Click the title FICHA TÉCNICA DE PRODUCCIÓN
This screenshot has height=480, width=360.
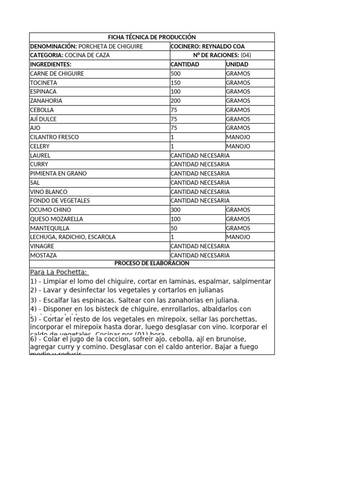[x=151, y=37]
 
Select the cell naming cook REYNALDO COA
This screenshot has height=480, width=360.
[x=208, y=46]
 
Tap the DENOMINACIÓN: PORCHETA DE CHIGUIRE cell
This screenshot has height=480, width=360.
[x=86, y=46]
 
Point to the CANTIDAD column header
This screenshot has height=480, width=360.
[x=185, y=64]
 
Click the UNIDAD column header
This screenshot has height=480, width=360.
[x=237, y=64]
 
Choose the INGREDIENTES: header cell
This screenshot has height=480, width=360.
[x=51, y=64]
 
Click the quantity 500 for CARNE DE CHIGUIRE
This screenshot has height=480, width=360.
[x=176, y=74]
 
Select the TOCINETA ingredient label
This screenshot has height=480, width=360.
[x=44, y=82]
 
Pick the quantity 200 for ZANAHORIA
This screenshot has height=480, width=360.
[x=176, y=101]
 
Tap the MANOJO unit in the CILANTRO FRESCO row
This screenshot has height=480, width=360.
[x=238, y=137]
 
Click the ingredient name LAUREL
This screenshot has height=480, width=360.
[x=40, y=155]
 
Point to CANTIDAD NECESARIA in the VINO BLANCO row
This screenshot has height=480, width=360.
[x=200, y=192]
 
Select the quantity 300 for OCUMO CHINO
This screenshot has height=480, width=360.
[x=176, y=210]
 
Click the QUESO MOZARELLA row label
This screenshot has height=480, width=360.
[x=56, y=219]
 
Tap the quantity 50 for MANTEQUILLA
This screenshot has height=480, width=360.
[x=174, y=228]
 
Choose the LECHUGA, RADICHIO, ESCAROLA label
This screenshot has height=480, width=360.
[x=73, y=237]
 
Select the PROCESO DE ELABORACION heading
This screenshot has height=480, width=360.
[x=151, y=263]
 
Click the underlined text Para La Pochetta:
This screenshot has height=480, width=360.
[x=59, y=272]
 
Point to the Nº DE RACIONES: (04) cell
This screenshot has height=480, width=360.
[x=222, y=55]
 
